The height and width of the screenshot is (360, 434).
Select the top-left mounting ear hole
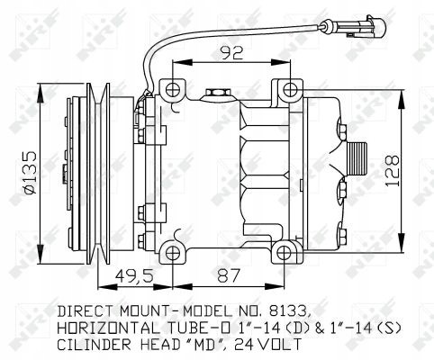click(172, 87)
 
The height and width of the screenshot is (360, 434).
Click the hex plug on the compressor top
click(217, 92)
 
